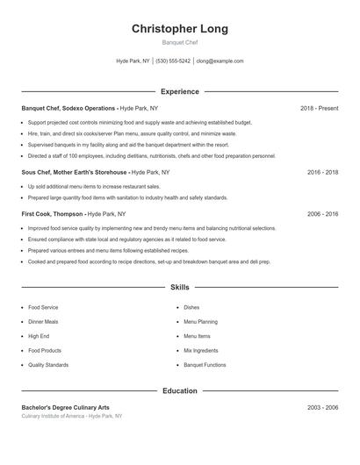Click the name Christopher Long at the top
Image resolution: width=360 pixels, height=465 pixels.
tap(179, 29)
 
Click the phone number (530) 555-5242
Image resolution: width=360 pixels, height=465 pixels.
tap(173, 61)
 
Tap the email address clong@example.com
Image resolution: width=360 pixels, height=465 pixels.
tap(220, 61)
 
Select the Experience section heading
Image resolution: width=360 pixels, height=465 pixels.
tap(179, 91)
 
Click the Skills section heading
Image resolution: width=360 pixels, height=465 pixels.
tap(179, 287)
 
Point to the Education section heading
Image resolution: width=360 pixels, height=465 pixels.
tap(179, 390)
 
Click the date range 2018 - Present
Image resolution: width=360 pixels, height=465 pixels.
tap(319, 108)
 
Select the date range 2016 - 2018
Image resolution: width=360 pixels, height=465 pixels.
tap(322, 172)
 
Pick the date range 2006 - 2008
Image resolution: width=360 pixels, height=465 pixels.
tap(322, 213)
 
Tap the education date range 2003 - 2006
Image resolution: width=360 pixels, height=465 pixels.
tap(322, 407)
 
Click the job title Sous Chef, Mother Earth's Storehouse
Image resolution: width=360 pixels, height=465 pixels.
tap(75, 172)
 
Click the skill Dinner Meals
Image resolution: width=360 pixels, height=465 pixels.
tap(43, 322)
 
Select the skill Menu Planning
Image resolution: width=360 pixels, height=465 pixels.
tap(200, 322)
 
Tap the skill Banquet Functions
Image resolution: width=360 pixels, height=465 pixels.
tap(205, 364)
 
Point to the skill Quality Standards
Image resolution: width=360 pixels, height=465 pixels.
tap(47, 364)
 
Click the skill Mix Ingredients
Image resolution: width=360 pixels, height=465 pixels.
tap(199, 350)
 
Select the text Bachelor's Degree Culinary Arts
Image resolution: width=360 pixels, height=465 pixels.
tap(66, 407)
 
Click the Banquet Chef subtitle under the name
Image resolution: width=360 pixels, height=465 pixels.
tap(179, 42)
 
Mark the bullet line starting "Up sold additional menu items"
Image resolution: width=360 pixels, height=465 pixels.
tap(94, 186)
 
